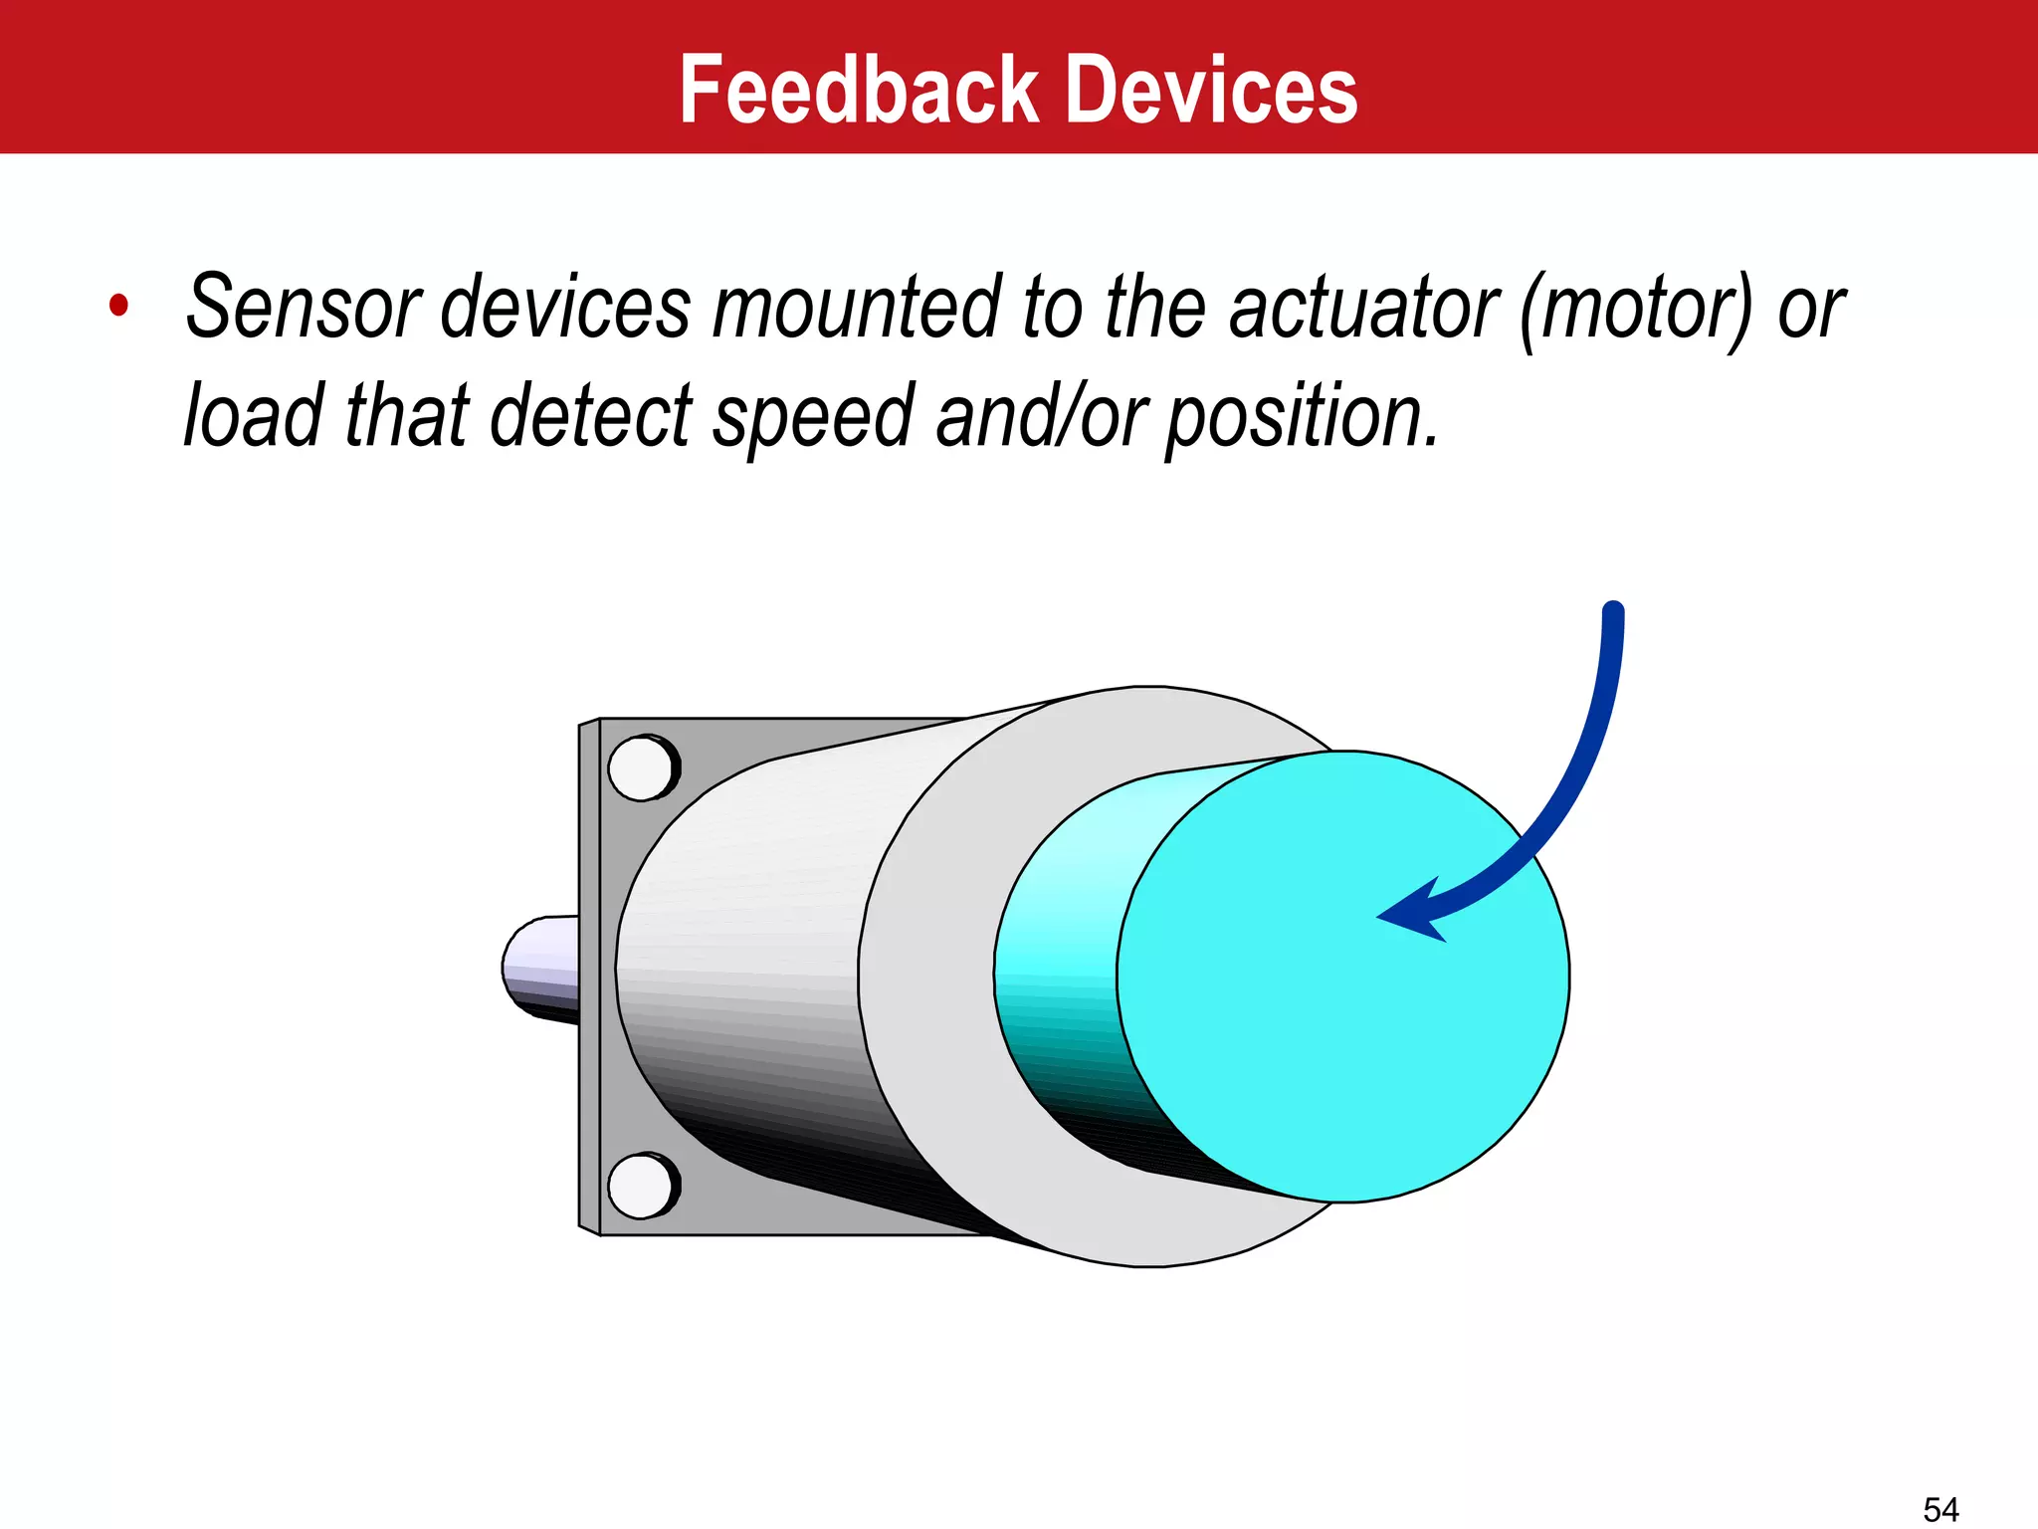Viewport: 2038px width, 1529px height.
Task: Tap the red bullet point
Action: pos(119,305)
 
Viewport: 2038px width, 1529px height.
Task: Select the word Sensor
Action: pos(304,307)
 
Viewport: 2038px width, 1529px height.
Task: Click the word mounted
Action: pos(856,307)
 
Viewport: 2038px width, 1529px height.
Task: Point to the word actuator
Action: pos(1363,307)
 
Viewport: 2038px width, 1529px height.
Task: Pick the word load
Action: pos(254,414)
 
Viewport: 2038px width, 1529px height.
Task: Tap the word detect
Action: pos(591,414)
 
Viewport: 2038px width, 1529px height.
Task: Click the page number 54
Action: pos(1940,1509)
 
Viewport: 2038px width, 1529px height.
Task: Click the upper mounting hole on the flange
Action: pos(642,768)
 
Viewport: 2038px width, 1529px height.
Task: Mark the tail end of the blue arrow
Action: pos(1613,611)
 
